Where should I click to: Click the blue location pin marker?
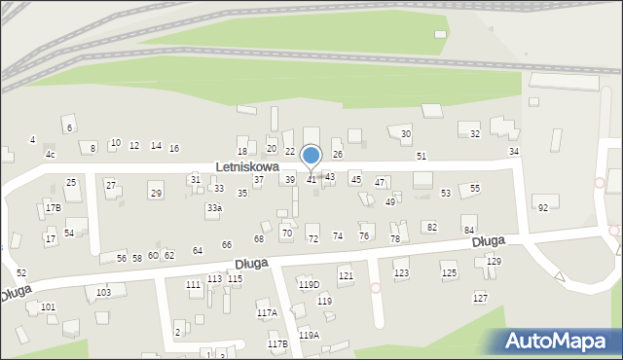pos(311,156)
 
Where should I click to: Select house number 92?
pos(543,207)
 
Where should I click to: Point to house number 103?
pos(103,292)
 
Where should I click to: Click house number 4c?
pos(50,155)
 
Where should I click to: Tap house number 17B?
pos(53,207)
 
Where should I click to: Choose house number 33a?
pos(214,207)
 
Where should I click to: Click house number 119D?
pos(309,284)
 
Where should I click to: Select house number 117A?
pos(267,312)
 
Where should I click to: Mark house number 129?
pos(494,262)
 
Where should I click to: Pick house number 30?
pos(406,134)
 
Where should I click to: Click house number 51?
pos(421,156)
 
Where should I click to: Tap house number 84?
pos(468,230)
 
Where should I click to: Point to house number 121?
pos(346,276)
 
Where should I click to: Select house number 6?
pos(68,128)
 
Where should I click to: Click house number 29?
pos(156,193)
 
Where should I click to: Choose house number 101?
pos(48,307)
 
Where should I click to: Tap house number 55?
pos(474,188)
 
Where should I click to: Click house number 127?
pos(480,298)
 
